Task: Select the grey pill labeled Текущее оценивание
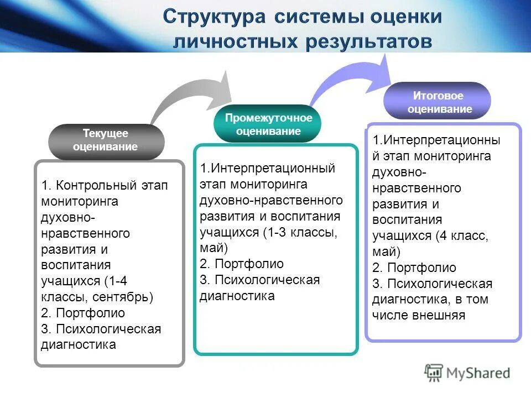click(x=106, y=140)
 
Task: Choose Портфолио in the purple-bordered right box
click(x=421, y=268)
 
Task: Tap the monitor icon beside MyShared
click(x=435, y=373)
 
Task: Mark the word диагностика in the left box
click(x=78, y=345)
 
